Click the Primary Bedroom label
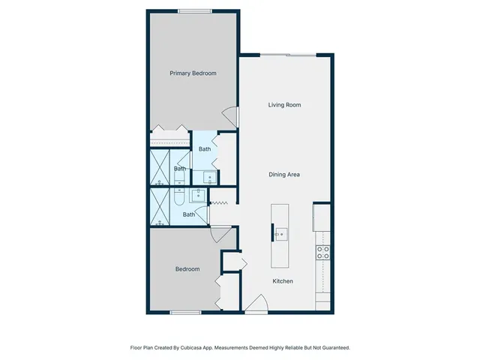coord(193,73)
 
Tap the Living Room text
coord(284,105)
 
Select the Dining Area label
coord(284,175)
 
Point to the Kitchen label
coord(282,281)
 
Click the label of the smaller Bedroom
coord(187,269)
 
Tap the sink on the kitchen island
coord(280,234)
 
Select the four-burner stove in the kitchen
coord(322,253)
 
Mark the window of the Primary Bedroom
coord(194,10)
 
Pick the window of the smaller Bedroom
coord(185,312)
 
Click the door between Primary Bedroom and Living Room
coord(231,117)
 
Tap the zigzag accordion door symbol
coord(220,203)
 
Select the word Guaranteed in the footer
coord(334,348)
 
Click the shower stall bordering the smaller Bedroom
coord(160,208)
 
